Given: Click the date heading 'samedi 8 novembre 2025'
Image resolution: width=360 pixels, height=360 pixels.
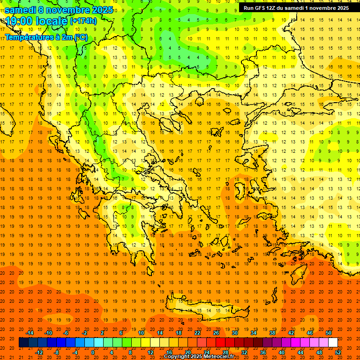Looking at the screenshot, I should pyautogui.click(x=59, y=10).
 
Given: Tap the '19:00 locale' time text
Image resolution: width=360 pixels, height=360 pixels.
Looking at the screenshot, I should pyautogui.click(x=36, y=21).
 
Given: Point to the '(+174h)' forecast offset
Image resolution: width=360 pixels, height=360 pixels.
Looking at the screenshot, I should pyautogui.click(x=83, y=21).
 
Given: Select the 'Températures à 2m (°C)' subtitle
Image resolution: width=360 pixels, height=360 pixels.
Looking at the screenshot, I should pyautogui.click(x=46, y=37).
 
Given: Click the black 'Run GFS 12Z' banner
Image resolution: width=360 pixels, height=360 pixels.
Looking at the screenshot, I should pyautogui.click(x=296, y=8).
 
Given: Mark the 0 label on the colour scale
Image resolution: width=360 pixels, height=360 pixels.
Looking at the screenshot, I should pyautogui.click(x=93, y=352).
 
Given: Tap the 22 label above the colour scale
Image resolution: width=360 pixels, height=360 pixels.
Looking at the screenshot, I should pyautogui.click(x=197, y=333).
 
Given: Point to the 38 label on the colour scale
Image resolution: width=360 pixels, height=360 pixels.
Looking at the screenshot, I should pyautogui.click(x=272, y=333).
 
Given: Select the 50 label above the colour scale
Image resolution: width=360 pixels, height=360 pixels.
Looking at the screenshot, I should pyautogui.click(x=329, y=333).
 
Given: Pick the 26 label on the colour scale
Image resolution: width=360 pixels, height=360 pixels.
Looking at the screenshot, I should pyautogui.click(x=216, y=333).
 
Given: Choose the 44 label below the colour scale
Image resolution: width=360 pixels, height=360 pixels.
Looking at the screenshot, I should pyautogui.click(x=300, y=352).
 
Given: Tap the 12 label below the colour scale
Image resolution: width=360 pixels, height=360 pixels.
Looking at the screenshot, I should pyautogui.click(x=150, y=352).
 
